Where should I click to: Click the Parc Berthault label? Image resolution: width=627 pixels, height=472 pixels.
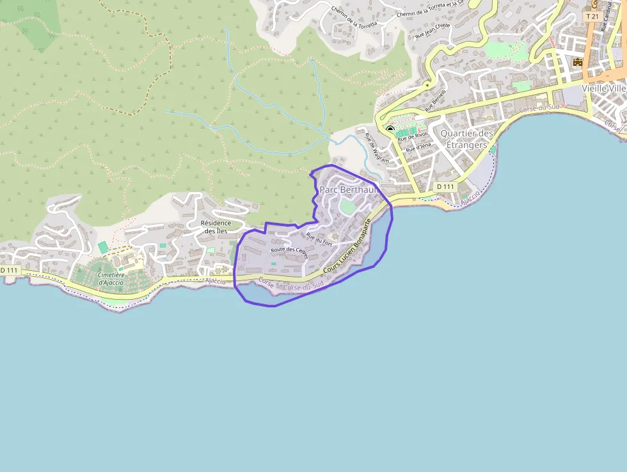pos(349,190)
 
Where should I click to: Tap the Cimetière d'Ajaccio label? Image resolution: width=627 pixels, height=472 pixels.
pos(111,279)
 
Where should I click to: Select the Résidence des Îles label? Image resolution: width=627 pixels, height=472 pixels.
pos(216,227)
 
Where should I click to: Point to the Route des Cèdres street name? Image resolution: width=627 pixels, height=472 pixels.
pos(289,252)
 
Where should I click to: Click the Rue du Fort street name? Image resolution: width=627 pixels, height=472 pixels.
pos(320,239)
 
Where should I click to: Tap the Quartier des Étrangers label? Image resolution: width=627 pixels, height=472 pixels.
pos(467,139)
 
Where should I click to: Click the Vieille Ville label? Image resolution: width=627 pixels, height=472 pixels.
pos(604,88)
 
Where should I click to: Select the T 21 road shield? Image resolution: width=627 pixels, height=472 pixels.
pos(592,17)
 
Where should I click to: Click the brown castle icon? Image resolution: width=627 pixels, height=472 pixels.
pos(578,62)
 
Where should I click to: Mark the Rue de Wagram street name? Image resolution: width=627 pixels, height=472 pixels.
pos(376,148)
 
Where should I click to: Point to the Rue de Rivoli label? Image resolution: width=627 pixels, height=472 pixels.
pos(412,136)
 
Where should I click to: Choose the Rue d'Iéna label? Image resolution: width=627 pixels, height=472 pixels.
pos(418,147)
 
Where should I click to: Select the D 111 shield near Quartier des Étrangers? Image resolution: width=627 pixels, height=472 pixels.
pos(445,186)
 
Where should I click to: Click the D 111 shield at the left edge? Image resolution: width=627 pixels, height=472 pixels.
pos(9,271)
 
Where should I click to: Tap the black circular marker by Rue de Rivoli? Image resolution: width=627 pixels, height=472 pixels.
pos(390,129)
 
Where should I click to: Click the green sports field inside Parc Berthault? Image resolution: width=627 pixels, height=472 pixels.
pos(346,206)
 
